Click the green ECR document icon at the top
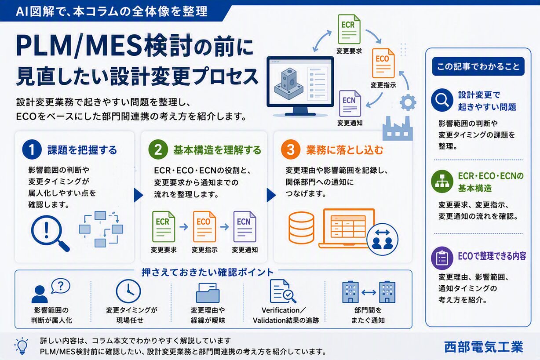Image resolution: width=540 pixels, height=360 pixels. (349, 29)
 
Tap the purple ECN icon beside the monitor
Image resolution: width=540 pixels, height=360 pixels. (350, 104)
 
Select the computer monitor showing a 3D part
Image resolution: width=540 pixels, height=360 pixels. (300, 86)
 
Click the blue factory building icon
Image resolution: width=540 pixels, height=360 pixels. (398, 128)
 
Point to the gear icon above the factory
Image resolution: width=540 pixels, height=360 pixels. (408, 102)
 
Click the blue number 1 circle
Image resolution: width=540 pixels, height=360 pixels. (32, 149)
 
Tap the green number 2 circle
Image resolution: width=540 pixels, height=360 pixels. (158, 149)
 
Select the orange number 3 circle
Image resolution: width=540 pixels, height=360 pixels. (291, 149)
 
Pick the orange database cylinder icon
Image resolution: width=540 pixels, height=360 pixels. (301, 228)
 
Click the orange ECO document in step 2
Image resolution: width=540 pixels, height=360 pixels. (204, 226)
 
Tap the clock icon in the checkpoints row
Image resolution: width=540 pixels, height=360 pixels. (128, 291)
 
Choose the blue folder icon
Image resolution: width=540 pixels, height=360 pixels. (208, 293)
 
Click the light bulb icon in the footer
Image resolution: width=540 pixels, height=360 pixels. (22, 346)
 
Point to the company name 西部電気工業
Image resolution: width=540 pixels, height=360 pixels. (483, 347)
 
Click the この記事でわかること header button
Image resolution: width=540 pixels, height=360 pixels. (478, 66)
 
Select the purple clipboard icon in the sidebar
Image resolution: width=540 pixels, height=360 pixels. (442, 258)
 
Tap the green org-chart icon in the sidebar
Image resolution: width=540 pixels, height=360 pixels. (442, 182)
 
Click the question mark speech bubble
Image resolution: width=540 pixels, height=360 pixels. (61, 286)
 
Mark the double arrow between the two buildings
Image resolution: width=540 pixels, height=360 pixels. (369, 293)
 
